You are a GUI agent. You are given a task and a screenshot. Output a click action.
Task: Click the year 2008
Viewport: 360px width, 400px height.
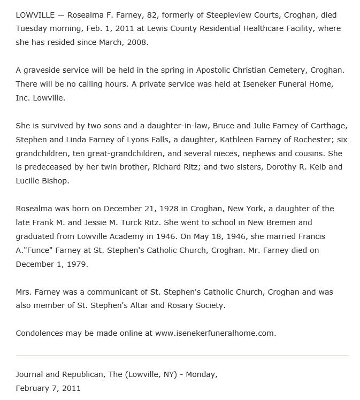[x=137, y=42]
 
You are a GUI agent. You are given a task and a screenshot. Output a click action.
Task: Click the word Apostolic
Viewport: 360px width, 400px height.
[x=200, y=70]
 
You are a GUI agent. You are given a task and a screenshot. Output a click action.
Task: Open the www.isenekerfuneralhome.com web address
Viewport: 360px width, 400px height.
[x=215, y=333]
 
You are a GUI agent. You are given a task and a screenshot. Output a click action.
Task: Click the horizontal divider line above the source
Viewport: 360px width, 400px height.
[x=182, y=356]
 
